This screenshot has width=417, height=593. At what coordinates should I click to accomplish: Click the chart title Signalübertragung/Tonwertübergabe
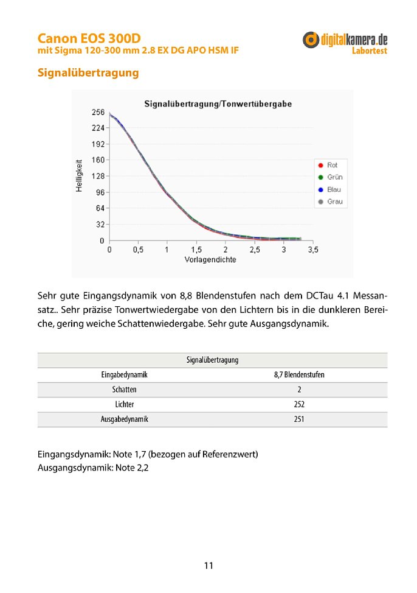[x=218, y=104]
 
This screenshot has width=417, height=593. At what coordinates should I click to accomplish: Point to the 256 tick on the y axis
[x=97, y=113]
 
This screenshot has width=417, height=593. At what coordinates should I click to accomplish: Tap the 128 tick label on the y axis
[x=97, y=177]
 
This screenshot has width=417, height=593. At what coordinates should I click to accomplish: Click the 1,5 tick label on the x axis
[x=196, y=250]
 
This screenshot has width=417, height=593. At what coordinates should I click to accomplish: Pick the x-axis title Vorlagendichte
[x=210, y=259]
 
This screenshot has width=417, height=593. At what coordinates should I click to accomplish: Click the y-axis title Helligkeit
[x=79, y=177]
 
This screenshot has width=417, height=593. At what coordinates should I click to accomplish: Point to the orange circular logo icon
[x=311, y=40]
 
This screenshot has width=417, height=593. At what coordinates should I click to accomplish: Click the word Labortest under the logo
[x=369, y=51]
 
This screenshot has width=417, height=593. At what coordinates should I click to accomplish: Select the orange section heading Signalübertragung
[x=88, y=73]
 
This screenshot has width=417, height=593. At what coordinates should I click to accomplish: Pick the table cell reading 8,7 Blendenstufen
[x=299, y=375]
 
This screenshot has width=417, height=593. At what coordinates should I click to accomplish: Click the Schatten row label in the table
[x=124, y=390]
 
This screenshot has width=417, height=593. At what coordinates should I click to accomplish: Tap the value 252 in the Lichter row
[x=299, y=404]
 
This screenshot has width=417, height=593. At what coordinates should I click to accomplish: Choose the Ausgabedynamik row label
[x=124, y=419]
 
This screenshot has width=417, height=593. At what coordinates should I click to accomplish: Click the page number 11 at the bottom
[x=208, y=566]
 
